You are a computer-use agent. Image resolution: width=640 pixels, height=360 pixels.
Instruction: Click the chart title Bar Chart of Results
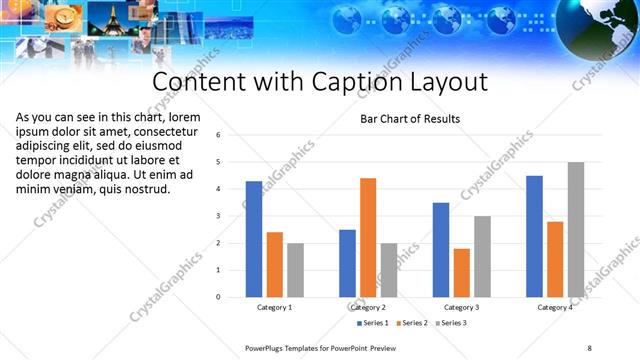click(410, 119)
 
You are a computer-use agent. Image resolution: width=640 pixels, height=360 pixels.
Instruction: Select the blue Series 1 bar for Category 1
click(253, 239)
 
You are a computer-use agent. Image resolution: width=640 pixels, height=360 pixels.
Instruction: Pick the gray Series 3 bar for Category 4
click(577, 229)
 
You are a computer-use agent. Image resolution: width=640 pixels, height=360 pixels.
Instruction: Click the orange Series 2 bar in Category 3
click(462, 272)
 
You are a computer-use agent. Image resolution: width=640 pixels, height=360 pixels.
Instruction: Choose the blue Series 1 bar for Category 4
click(534, 236)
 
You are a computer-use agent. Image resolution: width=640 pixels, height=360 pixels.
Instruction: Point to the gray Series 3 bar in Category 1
click(296, 269)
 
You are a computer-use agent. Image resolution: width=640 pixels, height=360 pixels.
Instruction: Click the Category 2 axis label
click(368, 308)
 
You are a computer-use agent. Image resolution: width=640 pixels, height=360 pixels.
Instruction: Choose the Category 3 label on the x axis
click(461, 308)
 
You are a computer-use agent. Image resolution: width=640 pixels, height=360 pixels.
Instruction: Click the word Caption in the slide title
click(343, 81)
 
